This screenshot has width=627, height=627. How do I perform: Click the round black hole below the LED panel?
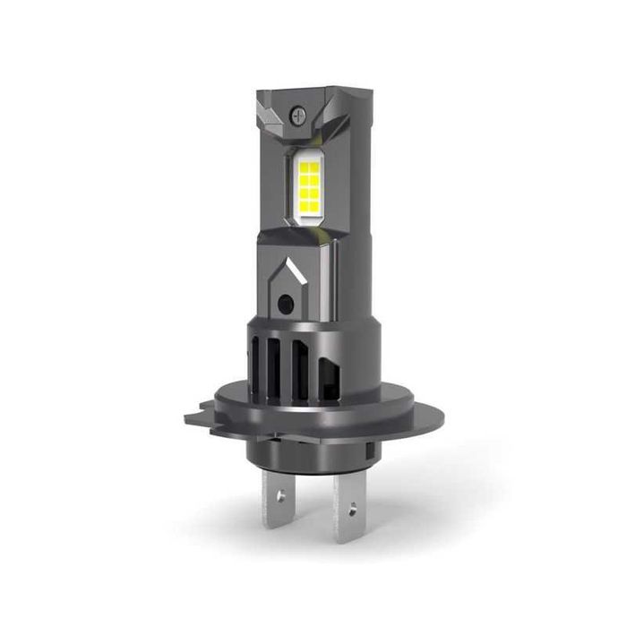pos(285,305)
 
